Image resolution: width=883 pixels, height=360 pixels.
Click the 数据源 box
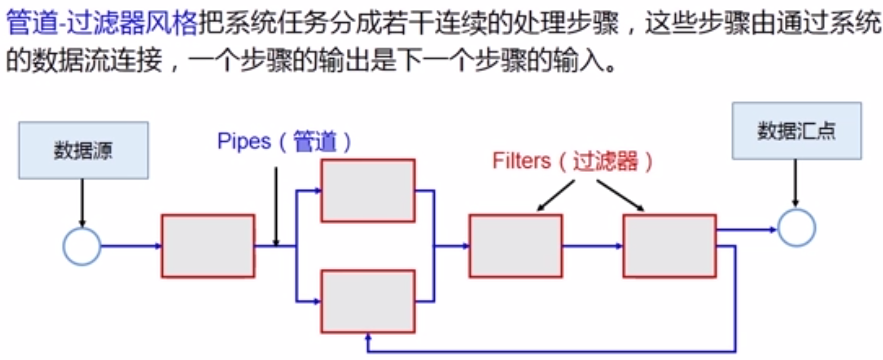(83, 150)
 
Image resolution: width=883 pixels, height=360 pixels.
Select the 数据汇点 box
(796, 131)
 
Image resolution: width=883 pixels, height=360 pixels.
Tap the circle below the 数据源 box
(82, 247)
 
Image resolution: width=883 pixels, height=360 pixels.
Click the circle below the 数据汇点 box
(796, 228)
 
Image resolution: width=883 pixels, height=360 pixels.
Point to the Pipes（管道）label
(284, 142)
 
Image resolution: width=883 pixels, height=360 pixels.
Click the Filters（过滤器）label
(572, 161)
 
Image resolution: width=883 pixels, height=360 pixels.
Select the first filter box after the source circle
(208, 246)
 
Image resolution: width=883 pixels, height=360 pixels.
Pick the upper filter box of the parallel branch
(368, 191)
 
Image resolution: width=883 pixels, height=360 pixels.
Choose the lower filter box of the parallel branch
(368, 301)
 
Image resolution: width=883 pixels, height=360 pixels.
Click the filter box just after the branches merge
(516, 246)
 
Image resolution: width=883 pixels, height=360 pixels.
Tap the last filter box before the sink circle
(669, 246)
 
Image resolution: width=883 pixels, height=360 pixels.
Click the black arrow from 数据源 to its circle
(82, 202)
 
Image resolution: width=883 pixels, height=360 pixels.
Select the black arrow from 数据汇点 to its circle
(796, 182)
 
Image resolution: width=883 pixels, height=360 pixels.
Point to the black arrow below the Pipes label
(276, 206)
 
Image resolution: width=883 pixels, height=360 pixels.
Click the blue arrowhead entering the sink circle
(773, 230)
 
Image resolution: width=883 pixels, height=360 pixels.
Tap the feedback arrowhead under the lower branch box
(369, 337)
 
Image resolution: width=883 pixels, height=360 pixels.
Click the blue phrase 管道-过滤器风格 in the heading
(101, 23)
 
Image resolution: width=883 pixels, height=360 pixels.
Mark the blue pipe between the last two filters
(592, 246)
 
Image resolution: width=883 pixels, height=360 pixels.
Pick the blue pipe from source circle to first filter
(130, 246)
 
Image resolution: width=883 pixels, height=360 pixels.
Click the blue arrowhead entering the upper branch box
(317, 191)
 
